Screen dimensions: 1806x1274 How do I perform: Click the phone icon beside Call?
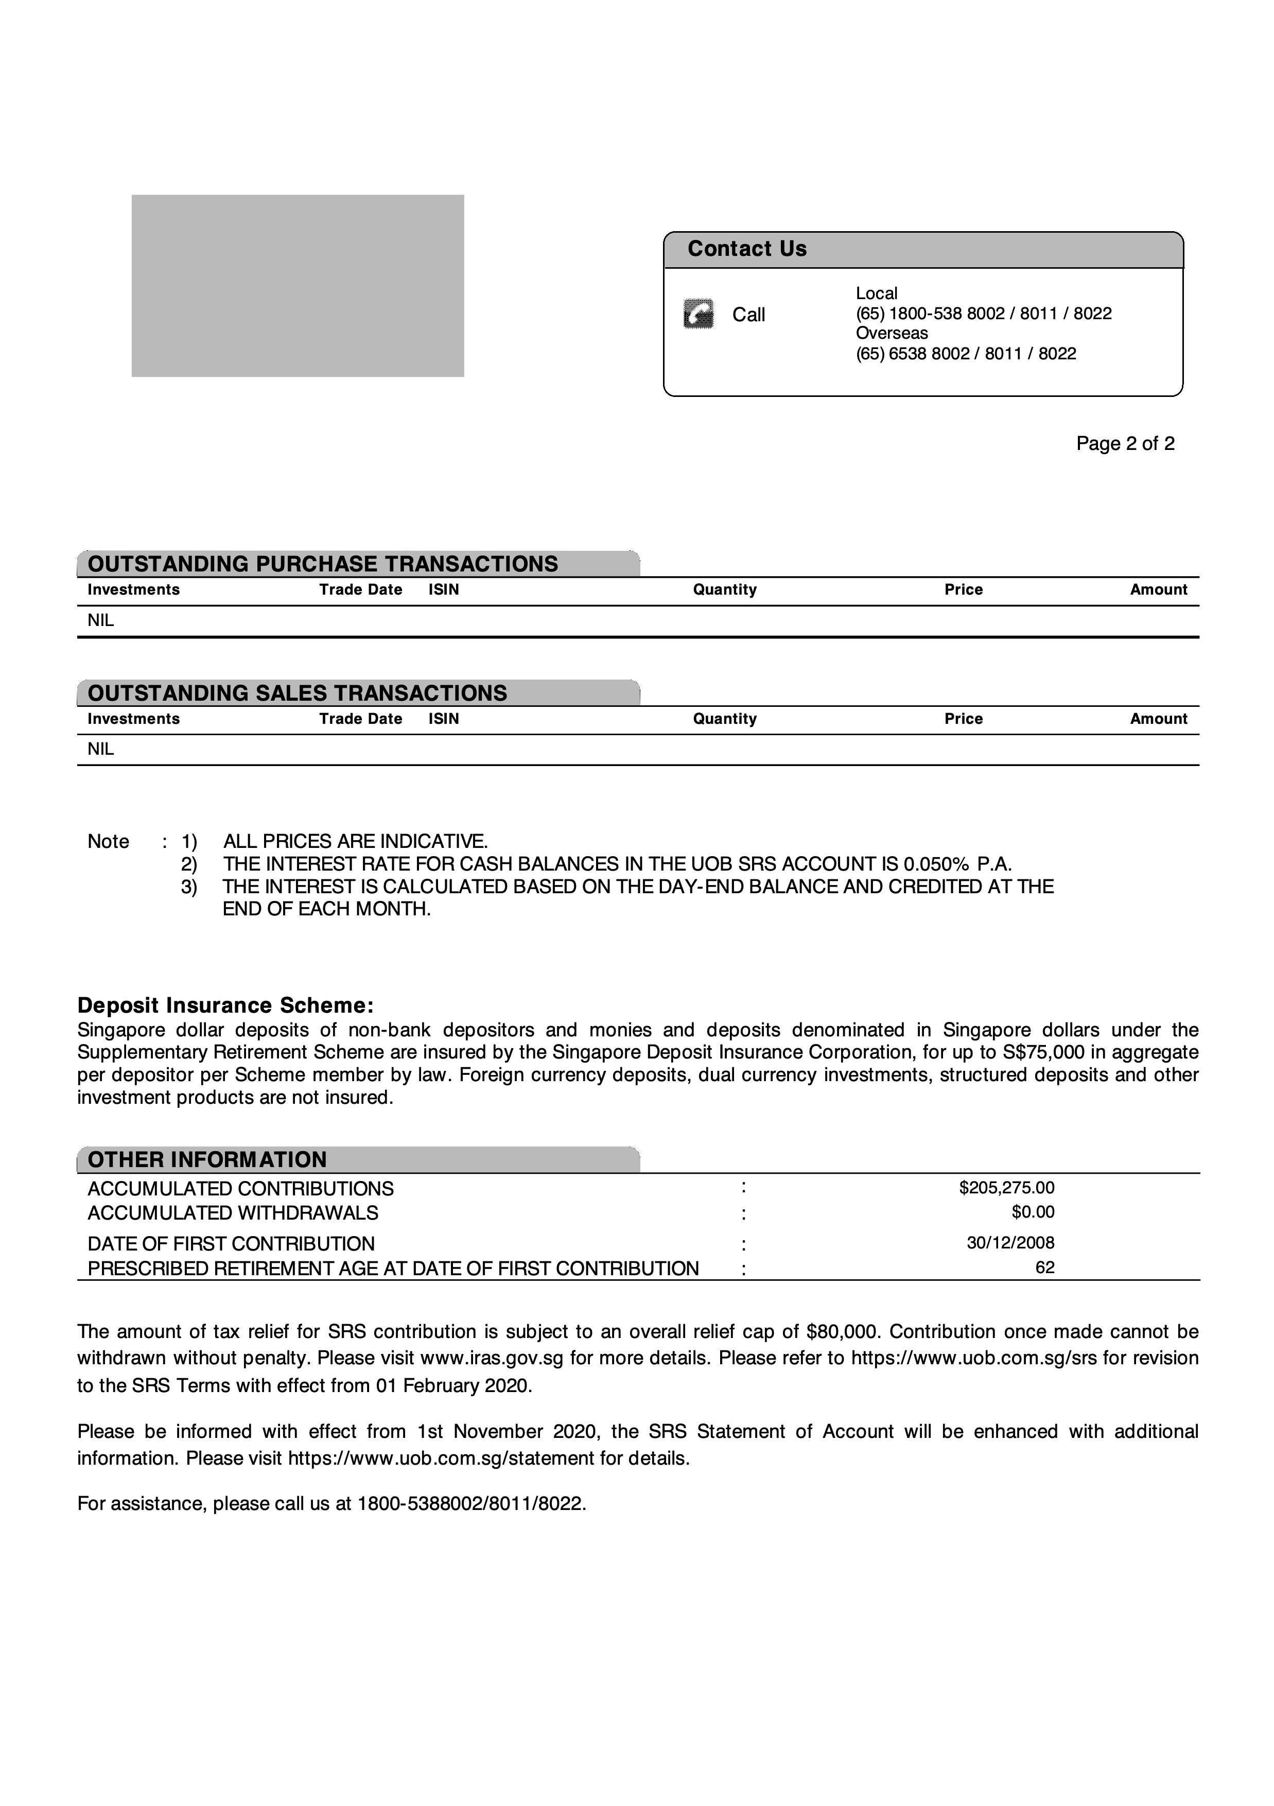[x=699, y=314]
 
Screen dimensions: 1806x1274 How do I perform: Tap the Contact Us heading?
[x=746, y=249]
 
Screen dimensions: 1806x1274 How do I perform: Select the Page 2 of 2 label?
[x=1125, y=444]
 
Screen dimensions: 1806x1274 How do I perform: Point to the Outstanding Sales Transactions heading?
[x=298, y=693]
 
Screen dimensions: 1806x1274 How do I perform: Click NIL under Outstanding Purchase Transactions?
[x=101, y=620]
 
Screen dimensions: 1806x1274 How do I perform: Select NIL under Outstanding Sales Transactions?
[x=101, y=750]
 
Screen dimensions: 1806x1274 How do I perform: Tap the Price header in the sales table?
[x=964, y=719]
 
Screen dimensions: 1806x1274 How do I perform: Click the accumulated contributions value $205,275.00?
[x=1007, y=1188]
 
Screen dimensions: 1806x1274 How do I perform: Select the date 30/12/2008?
[x=1010, y=1243]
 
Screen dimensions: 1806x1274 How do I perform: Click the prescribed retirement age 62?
[x=1044, y=1267]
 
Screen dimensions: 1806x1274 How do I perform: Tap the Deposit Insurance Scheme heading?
[x=225, y=1005]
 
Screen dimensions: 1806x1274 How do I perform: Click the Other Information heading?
[x=207, y=1159]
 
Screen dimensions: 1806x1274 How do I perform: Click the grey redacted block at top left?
[x=298, y=286]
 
